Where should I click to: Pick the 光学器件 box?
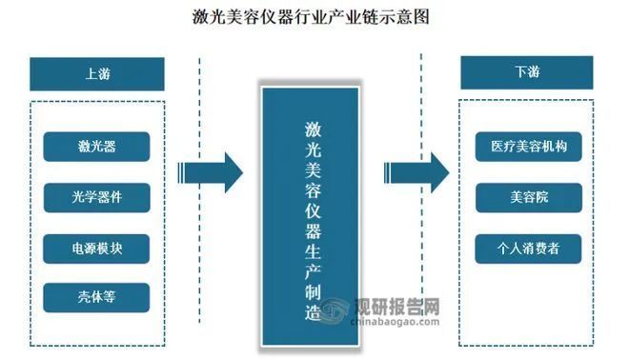pyautogui.click(x=96, y=197)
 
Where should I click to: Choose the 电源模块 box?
pyautogui.click(x=96, y=248)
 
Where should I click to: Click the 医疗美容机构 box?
pyautogui.click(x=528, y=147)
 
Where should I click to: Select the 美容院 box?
pyautogui.click(x=528, y=197)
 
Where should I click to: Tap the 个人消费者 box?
pyautogui.click(x=528, y=248)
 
